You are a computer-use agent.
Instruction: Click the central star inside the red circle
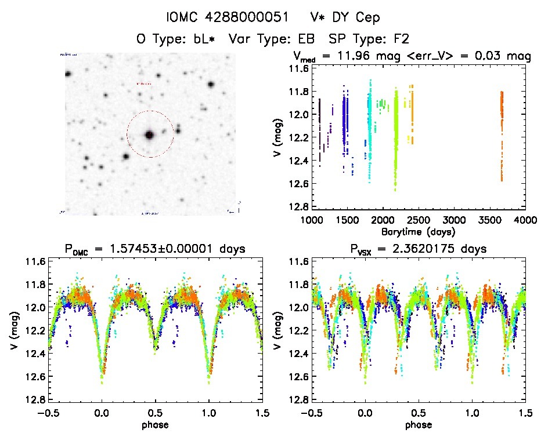tap(149, 134)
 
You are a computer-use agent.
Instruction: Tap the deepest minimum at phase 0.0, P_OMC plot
tap(102, 380)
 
